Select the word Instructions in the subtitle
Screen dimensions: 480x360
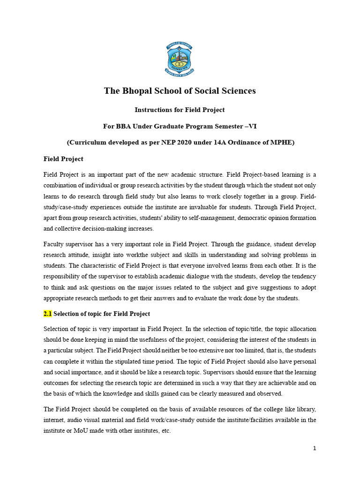pyautogui.click(x=154, y=110)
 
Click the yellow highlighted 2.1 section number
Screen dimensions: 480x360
pyautogui.click(x=47, y=313)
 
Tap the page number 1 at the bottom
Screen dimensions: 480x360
pyautogui.click(x=315, y=448)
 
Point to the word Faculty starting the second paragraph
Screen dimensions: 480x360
pyautogui.click(x=54, y=244)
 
